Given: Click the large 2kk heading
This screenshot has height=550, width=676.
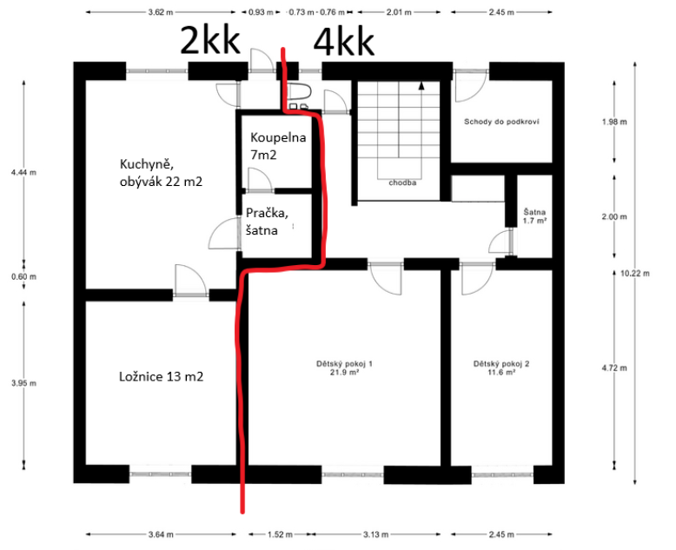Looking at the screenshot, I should click(209, 40).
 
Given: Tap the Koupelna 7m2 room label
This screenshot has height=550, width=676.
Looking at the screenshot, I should click(275, 145).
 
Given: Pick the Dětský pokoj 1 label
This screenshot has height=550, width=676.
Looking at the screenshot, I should click(344, 367).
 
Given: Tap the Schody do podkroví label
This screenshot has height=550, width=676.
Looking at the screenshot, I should click(502, 122).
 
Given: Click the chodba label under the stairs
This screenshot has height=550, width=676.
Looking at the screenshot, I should click(401, 183).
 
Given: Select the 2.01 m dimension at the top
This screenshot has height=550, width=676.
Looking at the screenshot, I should click(397, 13).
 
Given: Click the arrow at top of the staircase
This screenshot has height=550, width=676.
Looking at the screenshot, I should click(421, 85).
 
